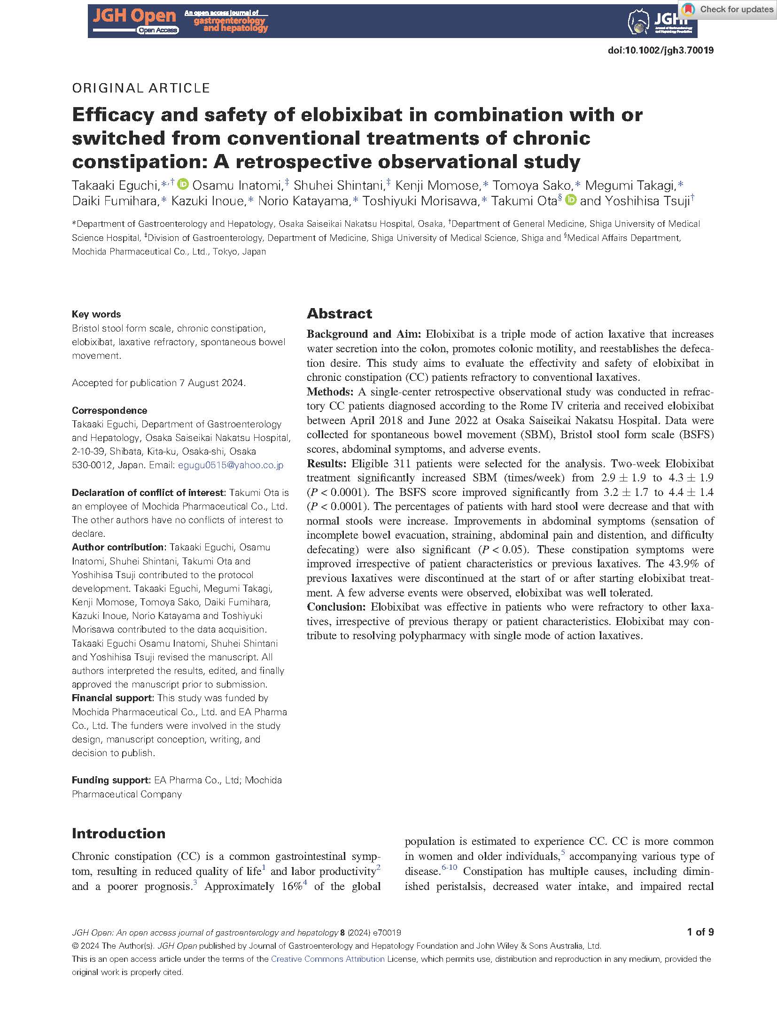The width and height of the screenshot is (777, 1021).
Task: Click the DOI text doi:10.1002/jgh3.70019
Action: pos(660,51)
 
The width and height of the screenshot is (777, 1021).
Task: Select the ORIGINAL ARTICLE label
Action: pos(141,88)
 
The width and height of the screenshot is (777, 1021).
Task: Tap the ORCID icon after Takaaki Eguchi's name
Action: pos(183,185)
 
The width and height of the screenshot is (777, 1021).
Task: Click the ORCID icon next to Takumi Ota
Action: pos(570,201)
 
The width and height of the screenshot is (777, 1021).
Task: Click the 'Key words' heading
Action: pos(96,314)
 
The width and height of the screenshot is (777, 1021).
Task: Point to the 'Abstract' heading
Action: pos(339,314)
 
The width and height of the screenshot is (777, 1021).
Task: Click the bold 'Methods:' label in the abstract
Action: pos(330,392)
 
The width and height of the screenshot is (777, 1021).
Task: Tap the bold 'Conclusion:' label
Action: pos(336,607)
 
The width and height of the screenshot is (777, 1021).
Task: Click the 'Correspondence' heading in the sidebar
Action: pos(109,410)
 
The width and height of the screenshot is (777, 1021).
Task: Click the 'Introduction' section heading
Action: pos(118,834)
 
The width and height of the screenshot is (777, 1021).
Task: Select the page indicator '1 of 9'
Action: pos(700,932)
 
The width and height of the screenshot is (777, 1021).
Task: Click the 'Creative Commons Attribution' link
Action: pos(327,959)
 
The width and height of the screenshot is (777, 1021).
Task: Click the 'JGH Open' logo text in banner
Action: pos(134,16)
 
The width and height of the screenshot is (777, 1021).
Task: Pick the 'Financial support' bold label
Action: pos(112,698)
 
